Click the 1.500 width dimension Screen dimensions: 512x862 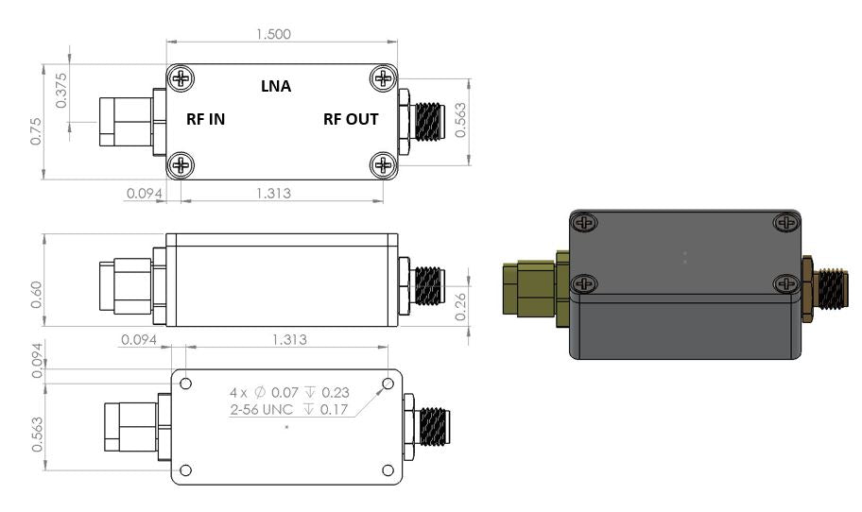[x=273, y=33]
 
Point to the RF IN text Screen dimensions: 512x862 [x=205, y=119]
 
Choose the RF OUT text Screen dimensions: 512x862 [x=351, y=119]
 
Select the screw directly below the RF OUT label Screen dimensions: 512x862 [x=383, y=165]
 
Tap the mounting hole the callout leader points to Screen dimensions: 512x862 [x=388, y=384]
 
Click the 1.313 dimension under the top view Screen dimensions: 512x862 [x=273, y=194]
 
